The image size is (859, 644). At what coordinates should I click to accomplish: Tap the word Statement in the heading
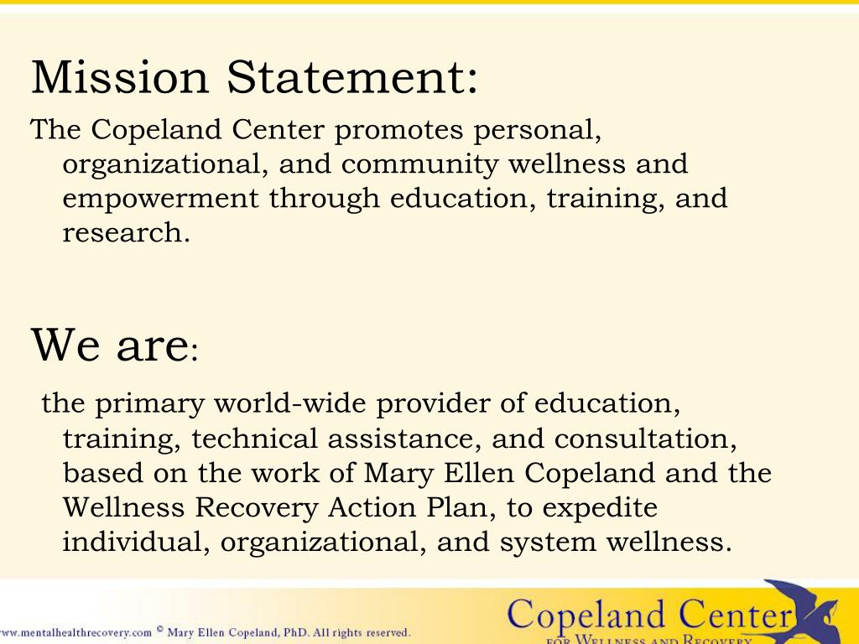point(347,77)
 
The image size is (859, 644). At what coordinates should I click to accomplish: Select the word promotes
point(400,130)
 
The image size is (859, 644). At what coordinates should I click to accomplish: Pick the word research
point(126,233)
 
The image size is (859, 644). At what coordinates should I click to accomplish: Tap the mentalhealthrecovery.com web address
point(75,633)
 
